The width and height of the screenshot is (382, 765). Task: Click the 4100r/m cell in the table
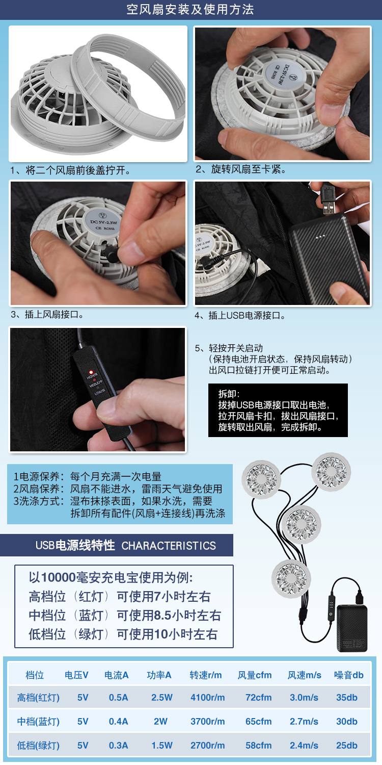207,697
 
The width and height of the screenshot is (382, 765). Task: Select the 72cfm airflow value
259,697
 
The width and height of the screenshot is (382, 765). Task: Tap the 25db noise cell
346,745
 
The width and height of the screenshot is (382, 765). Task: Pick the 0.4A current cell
118,721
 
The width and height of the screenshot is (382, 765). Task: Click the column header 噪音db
348,675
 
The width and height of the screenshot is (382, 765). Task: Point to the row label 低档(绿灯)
38,745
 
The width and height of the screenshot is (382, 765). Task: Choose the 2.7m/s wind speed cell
304,721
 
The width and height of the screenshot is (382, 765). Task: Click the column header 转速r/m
206,675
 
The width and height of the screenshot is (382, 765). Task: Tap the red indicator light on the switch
91,372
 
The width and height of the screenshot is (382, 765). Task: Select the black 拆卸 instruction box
278,410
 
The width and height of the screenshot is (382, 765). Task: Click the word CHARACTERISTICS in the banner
169,546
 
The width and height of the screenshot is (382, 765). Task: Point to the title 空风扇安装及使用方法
190,10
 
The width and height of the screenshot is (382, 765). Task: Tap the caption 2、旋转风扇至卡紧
241,169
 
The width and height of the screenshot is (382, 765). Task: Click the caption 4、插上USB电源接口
240,315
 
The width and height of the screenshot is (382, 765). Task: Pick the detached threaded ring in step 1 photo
127,83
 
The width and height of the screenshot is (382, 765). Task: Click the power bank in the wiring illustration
352,628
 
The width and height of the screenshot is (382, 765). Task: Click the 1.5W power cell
161,745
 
